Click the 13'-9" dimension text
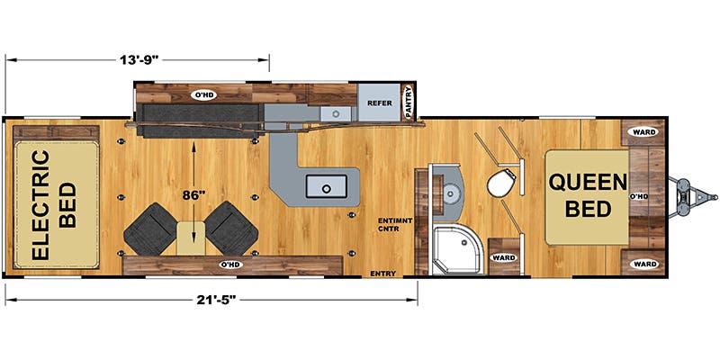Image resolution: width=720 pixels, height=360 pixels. click(137, 60)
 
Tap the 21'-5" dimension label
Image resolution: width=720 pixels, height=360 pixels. click(211, 296)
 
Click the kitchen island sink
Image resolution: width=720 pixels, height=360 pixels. click(327, 186)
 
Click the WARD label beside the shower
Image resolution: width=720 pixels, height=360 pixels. click(502, 257)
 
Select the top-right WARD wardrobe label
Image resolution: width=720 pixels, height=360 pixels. click(644, 131)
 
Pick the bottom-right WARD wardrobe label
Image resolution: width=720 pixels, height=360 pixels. click(644, 264)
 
